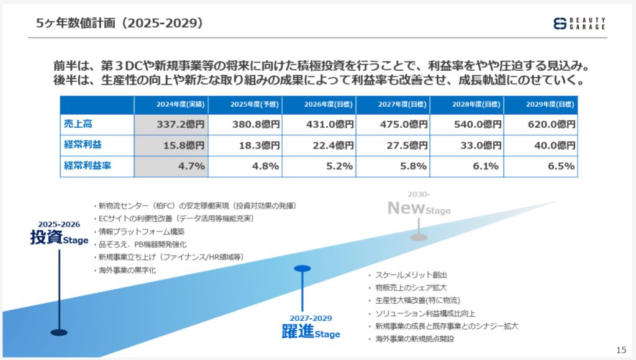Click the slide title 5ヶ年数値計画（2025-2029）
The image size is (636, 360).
pyautogui.click(x=119, y=24)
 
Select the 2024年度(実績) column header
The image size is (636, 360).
pyautogui.click(x=171, y=105)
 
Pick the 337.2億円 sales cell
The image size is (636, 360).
pyautogui.click(x=171, y=125)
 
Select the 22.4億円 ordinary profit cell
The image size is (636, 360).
pyautogui.click(x=319, y=145)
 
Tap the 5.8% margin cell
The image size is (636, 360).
pyautogui.click(x=393, y=166)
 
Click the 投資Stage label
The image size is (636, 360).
pyautogui.click(x=59, y=237)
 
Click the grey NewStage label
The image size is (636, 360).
pyautogui.click(x=419, y=209)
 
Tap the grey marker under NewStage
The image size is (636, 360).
pyautogui.click(x=419, y=236)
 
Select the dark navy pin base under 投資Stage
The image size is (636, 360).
pyautogui.click(x=59, y=332)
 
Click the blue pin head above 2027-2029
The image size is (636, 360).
pyautogui.click(x=302, y=269)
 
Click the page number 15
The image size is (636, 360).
pyautogui.click(x=621, y=349)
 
